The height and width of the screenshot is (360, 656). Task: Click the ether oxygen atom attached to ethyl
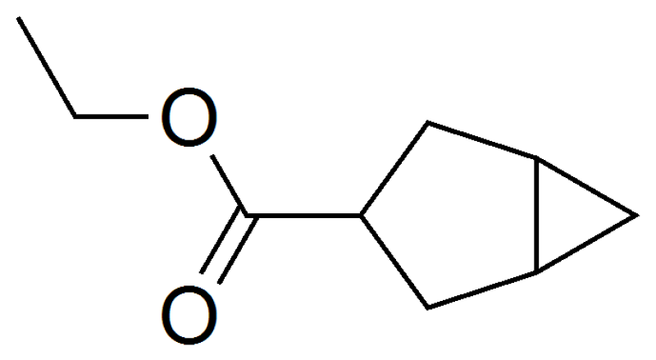[189, 116]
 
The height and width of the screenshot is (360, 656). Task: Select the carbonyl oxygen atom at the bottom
[189, 315]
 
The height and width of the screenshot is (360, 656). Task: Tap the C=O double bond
[229, 246]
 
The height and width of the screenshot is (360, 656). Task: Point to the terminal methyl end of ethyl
[18, 18]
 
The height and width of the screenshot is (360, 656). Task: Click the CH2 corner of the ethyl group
[75, 116]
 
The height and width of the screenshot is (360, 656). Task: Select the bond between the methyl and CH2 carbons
[47, 67]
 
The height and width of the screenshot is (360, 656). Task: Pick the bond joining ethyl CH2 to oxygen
[112, 116]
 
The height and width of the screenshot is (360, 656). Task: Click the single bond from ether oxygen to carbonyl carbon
[230, 185]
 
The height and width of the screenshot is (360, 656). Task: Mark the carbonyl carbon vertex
[248, 216]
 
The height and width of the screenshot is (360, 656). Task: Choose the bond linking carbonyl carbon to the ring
[304, 216]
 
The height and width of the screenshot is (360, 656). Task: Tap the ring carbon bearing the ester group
[361, 216]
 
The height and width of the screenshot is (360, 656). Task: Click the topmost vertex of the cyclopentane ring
[427, 123]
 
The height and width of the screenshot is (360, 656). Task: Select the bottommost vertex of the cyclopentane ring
[428, 308]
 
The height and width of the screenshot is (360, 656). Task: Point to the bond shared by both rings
[537, 215]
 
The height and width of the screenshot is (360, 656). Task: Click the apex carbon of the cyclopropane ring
[638, 215]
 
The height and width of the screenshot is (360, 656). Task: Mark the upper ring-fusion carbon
[537, 157]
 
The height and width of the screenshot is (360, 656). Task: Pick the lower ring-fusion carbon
[537, 273]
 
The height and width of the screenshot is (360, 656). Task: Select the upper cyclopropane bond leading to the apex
[587, 186]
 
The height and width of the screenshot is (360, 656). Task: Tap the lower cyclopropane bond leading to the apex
[587, 244]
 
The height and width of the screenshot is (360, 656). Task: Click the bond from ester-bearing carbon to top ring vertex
[394, 169]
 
